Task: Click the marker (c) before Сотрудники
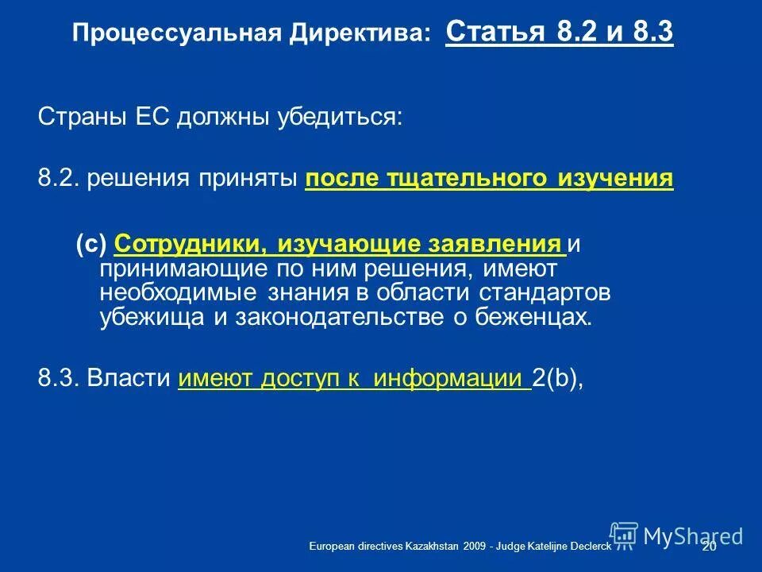coord(91,244)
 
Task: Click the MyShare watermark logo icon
coord(624,535)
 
